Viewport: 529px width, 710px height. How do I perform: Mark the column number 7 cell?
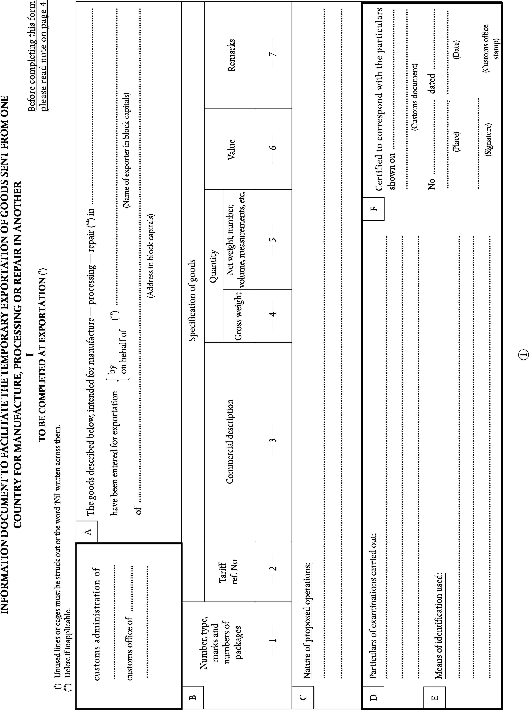coord(273,55)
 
